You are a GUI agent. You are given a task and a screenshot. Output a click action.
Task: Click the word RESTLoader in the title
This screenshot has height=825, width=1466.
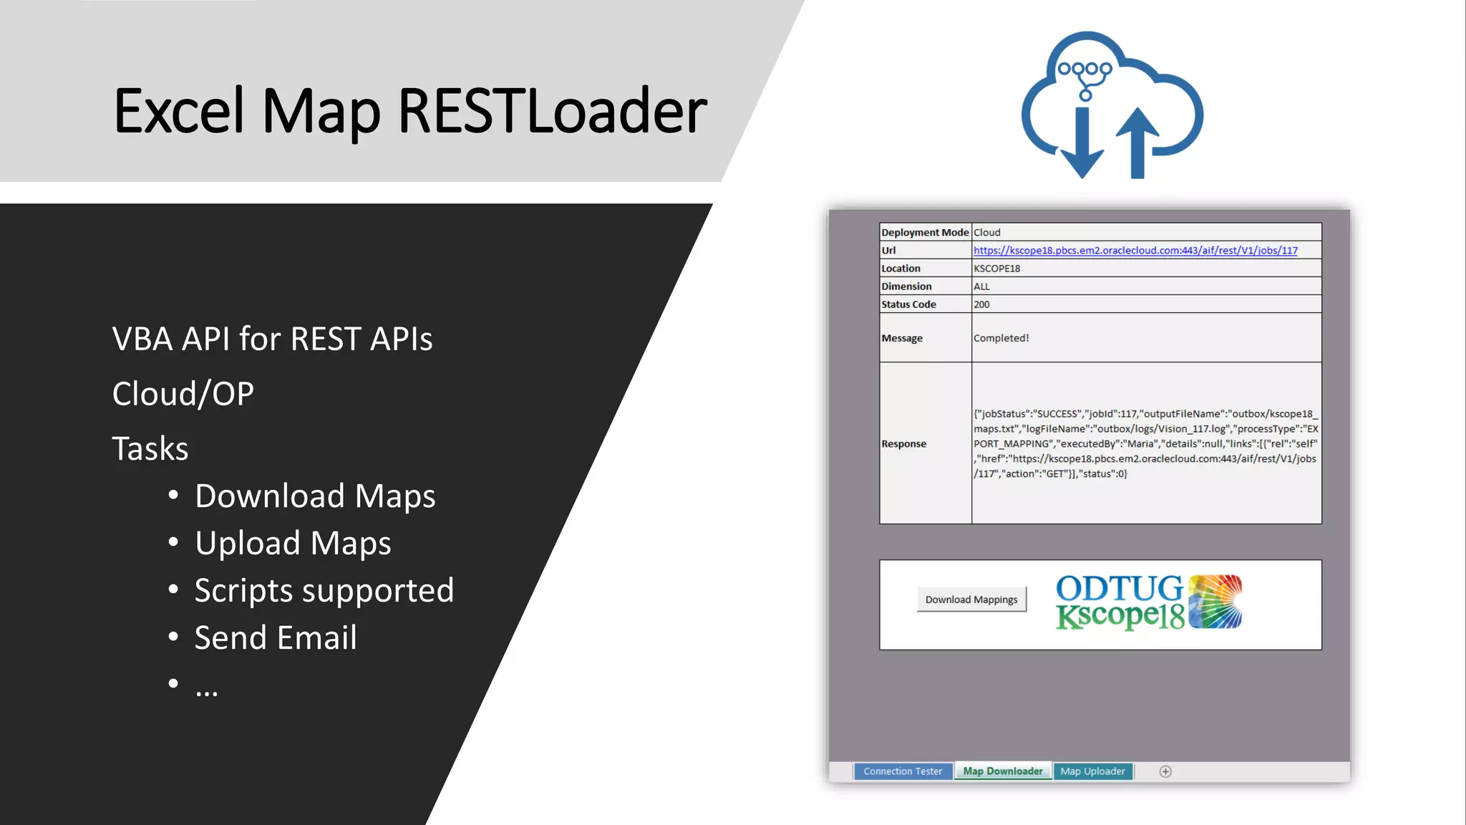click(552, 111)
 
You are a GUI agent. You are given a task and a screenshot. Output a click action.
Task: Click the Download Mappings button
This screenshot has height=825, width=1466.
click(971, 599)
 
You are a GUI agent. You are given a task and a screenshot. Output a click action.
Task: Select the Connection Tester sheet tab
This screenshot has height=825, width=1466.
click(903, 771)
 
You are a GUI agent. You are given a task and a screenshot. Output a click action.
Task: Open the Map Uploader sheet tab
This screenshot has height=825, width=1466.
click(1092, 771)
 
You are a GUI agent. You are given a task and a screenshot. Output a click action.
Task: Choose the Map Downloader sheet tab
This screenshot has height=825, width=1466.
click(1002, 771)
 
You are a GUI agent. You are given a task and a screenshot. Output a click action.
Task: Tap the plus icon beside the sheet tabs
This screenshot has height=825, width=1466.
click(1165, 771)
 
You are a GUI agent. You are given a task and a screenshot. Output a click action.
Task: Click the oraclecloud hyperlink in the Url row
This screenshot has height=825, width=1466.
click(1135, 251)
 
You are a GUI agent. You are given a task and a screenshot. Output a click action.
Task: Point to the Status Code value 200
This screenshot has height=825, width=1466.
click(981, 304)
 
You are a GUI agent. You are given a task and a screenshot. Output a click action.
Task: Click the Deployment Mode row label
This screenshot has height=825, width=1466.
click(924, 233)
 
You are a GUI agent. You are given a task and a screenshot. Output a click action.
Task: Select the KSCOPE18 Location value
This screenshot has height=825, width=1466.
click(996, 269)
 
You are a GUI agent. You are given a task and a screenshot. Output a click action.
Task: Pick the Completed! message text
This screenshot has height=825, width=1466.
click(1001, 338)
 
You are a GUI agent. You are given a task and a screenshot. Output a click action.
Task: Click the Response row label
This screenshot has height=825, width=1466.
click(903, 444)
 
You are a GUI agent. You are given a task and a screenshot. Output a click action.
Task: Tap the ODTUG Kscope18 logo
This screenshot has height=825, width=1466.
click(1148, 602)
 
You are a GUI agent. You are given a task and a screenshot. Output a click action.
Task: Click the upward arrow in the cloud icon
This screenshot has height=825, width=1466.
click(1137, 143)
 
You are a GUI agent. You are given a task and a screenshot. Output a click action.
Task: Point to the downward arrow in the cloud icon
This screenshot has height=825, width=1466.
click(1082, 144)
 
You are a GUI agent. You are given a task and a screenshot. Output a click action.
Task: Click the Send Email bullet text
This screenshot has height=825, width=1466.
click(276, 637)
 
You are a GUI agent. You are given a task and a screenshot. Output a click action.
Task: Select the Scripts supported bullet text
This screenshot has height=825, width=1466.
click(324, 591)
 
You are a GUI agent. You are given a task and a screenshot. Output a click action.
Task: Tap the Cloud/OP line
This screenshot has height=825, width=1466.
click(183, 394)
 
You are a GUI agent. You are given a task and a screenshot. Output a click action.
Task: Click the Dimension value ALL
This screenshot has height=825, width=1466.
click(981, 286)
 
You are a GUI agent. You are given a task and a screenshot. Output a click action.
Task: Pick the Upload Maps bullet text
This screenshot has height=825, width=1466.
click(293, 543)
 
